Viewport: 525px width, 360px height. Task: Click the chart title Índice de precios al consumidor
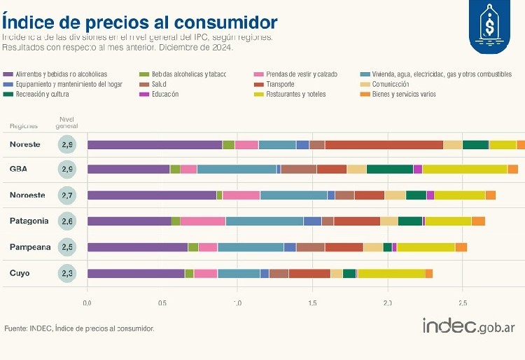[139, 21]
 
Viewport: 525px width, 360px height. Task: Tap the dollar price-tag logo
[489, 27]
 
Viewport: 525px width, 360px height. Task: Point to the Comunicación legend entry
[395, 84]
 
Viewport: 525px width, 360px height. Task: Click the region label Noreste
[25, 145]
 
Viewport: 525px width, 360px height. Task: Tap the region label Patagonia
[29, 221]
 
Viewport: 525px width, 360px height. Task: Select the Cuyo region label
[20, 273]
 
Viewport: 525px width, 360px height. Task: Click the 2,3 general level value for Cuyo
[67, 273]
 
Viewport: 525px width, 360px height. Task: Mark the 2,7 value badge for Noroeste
[67, 195]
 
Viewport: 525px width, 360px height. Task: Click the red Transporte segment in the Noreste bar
[384, 145]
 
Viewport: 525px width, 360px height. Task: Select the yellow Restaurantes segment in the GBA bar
[464, 169]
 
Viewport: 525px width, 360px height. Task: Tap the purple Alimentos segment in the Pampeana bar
[137, 247]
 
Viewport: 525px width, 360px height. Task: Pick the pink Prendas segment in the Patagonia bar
[202, 221]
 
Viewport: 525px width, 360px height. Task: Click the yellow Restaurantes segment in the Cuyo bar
[391, 273]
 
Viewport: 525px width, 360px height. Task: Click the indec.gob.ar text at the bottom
[468, 326]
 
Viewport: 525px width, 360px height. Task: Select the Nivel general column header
[67, 123]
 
